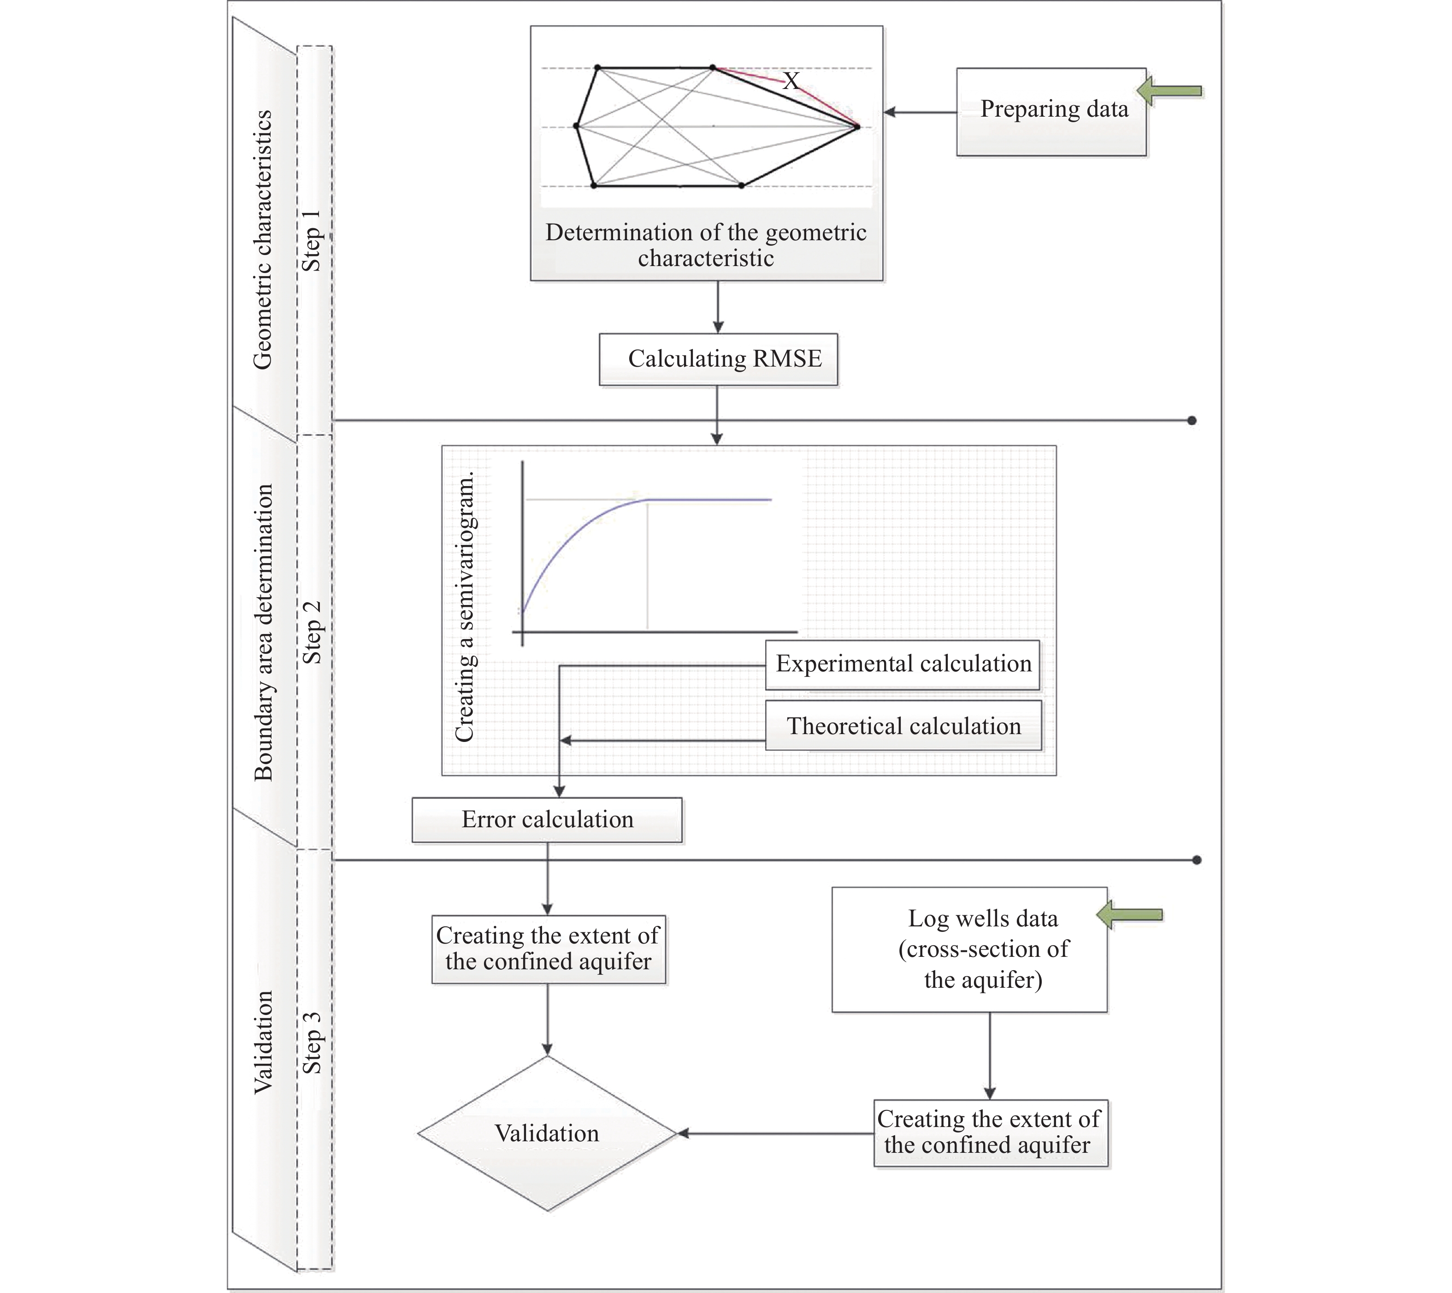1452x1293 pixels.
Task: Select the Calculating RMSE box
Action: pos(718,359)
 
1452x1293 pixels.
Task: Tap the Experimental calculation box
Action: pos(902,664)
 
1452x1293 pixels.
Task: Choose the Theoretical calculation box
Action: pos(903,726)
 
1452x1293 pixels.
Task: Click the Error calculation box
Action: pos(547,819)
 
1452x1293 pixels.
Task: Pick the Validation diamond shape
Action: pos(547,1133)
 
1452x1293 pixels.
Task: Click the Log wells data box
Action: pos(970,949)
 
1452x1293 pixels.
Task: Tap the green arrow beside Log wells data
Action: pos(1130,915)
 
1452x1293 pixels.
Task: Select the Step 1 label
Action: pos(312,240)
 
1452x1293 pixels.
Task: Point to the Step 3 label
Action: pos(312,1042)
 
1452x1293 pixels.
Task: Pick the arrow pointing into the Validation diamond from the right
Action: pos(774,1133)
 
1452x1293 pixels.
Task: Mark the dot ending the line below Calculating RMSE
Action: pos(1192,421)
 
